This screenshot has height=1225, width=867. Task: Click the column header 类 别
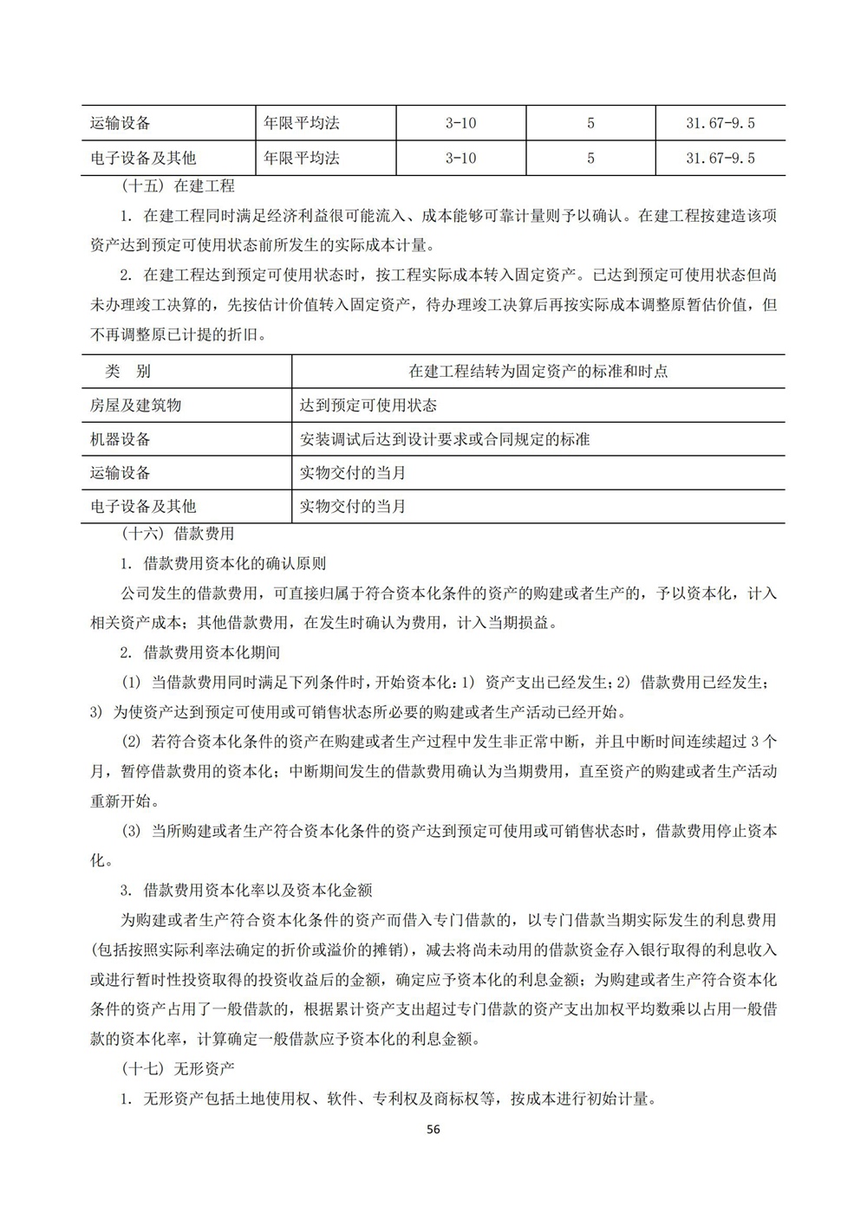(x=127, y=372)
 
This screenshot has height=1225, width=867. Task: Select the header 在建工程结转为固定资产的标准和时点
(x=538, y=372)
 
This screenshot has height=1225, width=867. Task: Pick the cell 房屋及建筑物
(x=135, y=405)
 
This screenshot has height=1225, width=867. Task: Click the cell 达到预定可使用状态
(x=368, y=405)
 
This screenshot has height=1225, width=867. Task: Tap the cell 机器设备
(x=121, y=439)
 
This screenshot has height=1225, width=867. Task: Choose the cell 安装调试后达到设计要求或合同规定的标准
(x=444, y=439)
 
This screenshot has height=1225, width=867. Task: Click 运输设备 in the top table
(x=121, y=123)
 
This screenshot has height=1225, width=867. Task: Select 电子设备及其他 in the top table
(x=143, y=159)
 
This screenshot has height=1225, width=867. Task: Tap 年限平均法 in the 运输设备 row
(x=302, y=123)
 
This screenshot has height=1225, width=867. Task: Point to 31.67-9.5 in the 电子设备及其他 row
(x=720, y=159)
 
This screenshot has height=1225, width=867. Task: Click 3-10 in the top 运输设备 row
(x=460, y=123)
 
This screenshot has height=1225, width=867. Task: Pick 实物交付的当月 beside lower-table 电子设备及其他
(x=353, y=507)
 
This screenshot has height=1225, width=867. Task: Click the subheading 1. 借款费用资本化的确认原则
(x=223, y=564)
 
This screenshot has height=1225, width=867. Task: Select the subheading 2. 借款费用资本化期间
(x=200, y=652)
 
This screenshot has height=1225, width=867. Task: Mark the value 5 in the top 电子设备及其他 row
(x=590, y=159)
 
